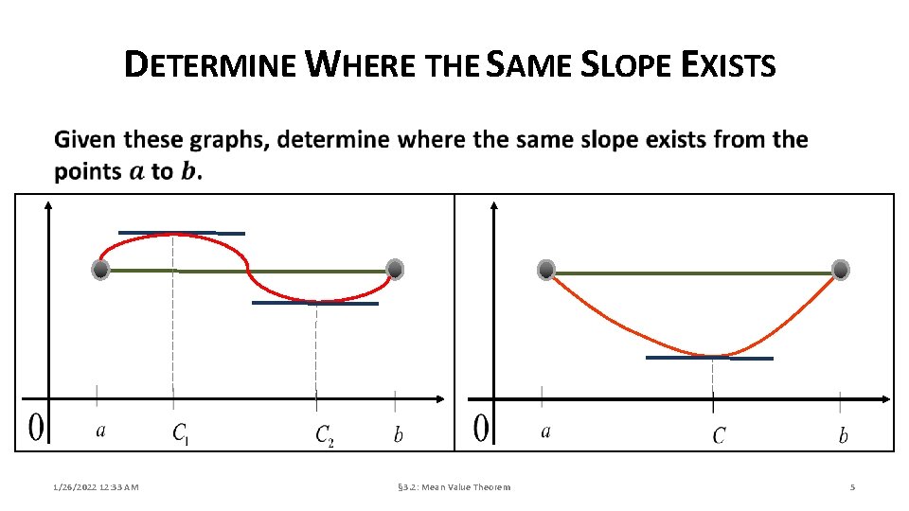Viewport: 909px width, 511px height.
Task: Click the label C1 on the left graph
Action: click(181, 434)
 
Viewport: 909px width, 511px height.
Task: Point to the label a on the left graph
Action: click(100, 432)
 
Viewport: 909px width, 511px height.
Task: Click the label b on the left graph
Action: click(398, 434)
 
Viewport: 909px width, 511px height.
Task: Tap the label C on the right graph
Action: click(719, 435)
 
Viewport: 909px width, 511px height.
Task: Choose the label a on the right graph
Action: click(545, 432)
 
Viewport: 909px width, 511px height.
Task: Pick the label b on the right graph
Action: click(843, 435)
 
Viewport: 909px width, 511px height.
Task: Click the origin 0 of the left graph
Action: click(35, 428)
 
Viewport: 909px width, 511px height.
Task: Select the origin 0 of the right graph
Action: click(481, 428)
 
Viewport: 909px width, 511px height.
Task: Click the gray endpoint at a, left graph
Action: click(101, 270)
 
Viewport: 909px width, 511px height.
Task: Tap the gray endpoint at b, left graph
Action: click(396, 270)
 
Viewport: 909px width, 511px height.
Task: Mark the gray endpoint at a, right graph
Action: click(546, 270)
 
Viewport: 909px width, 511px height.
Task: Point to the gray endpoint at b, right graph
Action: click(841, 270)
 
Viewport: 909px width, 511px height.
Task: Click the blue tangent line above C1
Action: click(181, 233)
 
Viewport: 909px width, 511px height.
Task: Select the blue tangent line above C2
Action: click(314, 304)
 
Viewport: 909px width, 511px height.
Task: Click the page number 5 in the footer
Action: click(852, 487)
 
